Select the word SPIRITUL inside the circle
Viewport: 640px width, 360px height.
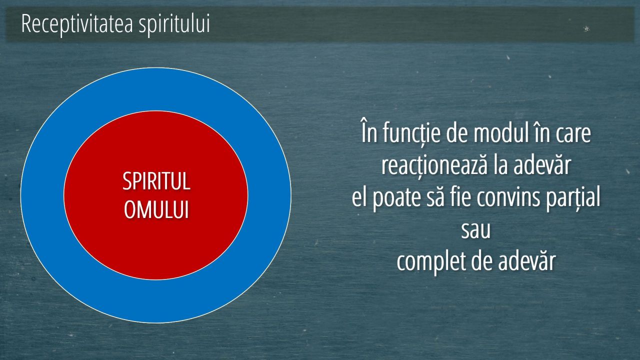point(156,181)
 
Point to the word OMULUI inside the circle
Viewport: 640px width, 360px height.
point(156,209)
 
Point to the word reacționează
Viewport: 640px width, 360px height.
point(434,166)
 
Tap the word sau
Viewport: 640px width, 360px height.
point(475,230)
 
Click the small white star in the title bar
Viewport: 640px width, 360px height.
point(586,28)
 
